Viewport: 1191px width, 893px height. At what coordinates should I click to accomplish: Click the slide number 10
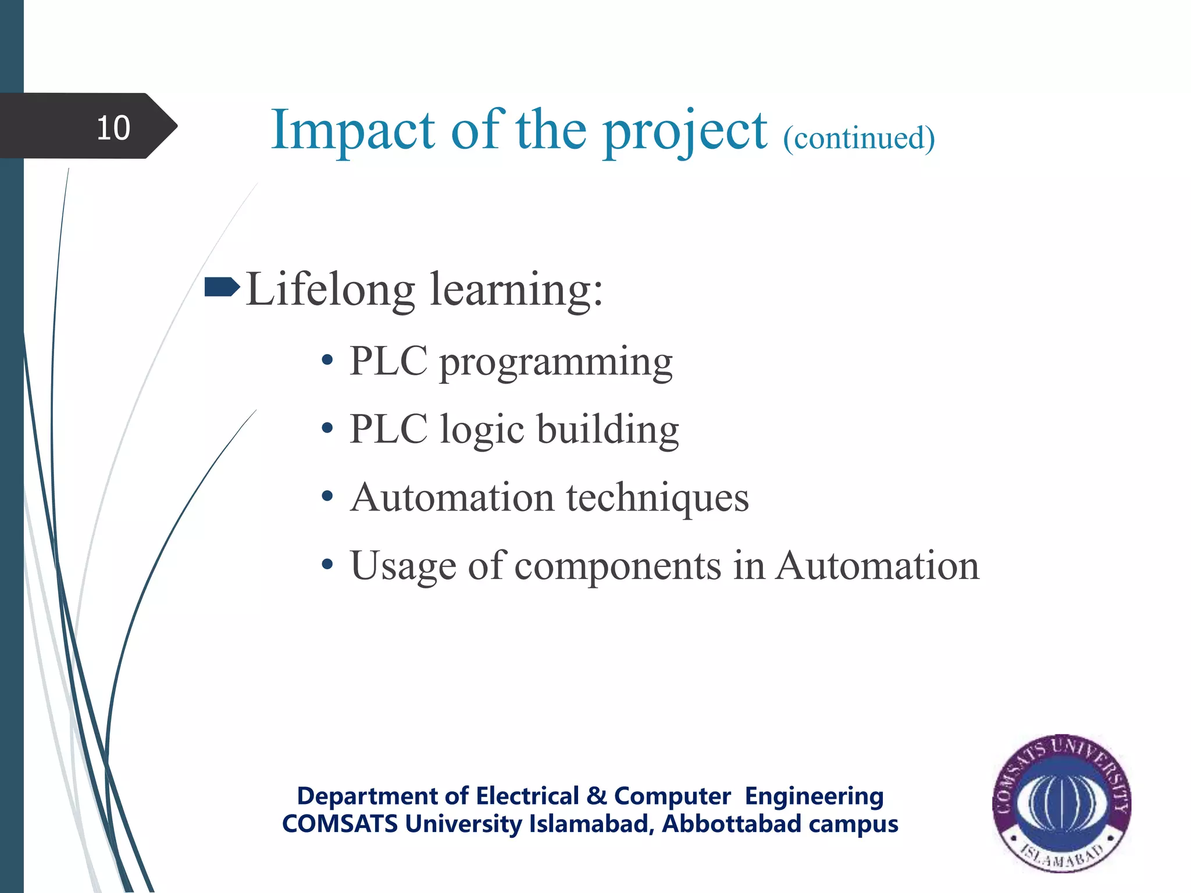coord(113,127)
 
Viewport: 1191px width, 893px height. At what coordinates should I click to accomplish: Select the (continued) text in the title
coord(858,138)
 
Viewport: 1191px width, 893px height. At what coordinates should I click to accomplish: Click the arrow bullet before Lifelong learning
coord(222,287)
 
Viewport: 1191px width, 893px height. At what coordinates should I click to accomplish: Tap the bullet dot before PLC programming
coord(327,360)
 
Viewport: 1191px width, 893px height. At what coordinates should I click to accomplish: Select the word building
coord(607,430)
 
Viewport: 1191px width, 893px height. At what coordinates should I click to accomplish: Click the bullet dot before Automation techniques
coord(327,496)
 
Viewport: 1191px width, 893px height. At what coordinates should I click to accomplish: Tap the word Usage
coord(403,566)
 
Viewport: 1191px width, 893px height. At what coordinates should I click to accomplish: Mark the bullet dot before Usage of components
coord(327,564)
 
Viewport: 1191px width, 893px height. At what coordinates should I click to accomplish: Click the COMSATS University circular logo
coord(1062,802)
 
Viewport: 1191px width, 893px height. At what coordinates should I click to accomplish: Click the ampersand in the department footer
coord(597,796)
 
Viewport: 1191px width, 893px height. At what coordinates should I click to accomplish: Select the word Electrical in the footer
coord(527,796)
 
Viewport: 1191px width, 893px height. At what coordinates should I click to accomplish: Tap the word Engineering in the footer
coord(814,796)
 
